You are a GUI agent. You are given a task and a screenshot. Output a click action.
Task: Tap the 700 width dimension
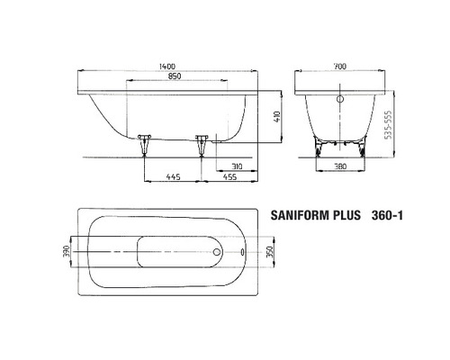[338, 67]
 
